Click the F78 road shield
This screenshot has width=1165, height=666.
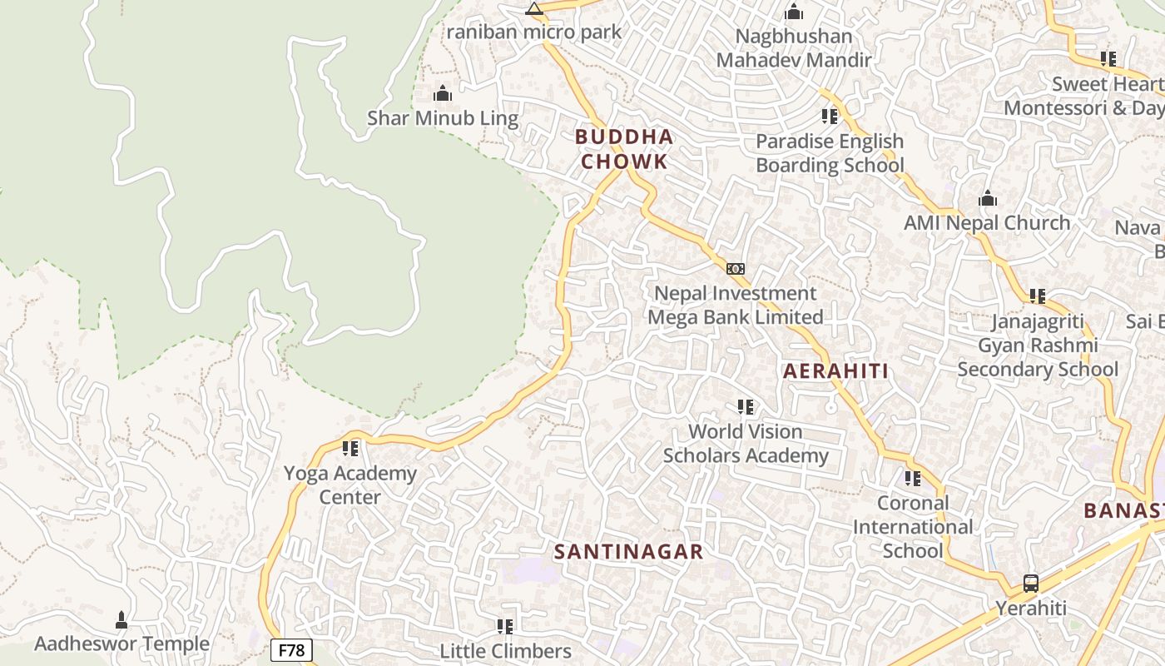[291, 650]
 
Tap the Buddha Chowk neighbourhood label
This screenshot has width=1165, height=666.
[624, 149]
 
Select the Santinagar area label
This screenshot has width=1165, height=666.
[629, 551]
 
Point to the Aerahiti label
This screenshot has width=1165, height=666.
[836, 371]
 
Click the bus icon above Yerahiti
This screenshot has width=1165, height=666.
[1031, 583]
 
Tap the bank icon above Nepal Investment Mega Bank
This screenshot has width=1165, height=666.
[736, 269]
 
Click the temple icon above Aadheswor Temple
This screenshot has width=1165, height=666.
[121, 619]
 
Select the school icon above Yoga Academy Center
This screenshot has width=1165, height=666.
[350, 449]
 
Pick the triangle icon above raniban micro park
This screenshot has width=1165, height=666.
[534, 9]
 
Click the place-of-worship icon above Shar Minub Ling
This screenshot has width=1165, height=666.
[443, 93]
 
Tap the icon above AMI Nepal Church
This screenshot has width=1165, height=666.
[988, 199]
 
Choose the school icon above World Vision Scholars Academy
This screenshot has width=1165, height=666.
[746, 407]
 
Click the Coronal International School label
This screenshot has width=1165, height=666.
[913, 527]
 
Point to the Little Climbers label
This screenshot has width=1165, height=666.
[505, 650]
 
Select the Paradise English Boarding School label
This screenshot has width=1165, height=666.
[830, 153]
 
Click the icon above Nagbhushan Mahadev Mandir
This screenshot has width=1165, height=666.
[794, 12]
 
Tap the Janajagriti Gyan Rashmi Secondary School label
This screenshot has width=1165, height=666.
[1038, 345]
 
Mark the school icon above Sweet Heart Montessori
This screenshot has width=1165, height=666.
[1108, 59]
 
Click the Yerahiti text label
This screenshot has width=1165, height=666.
[1031, 608]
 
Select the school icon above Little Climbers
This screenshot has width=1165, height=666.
[505, 626]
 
